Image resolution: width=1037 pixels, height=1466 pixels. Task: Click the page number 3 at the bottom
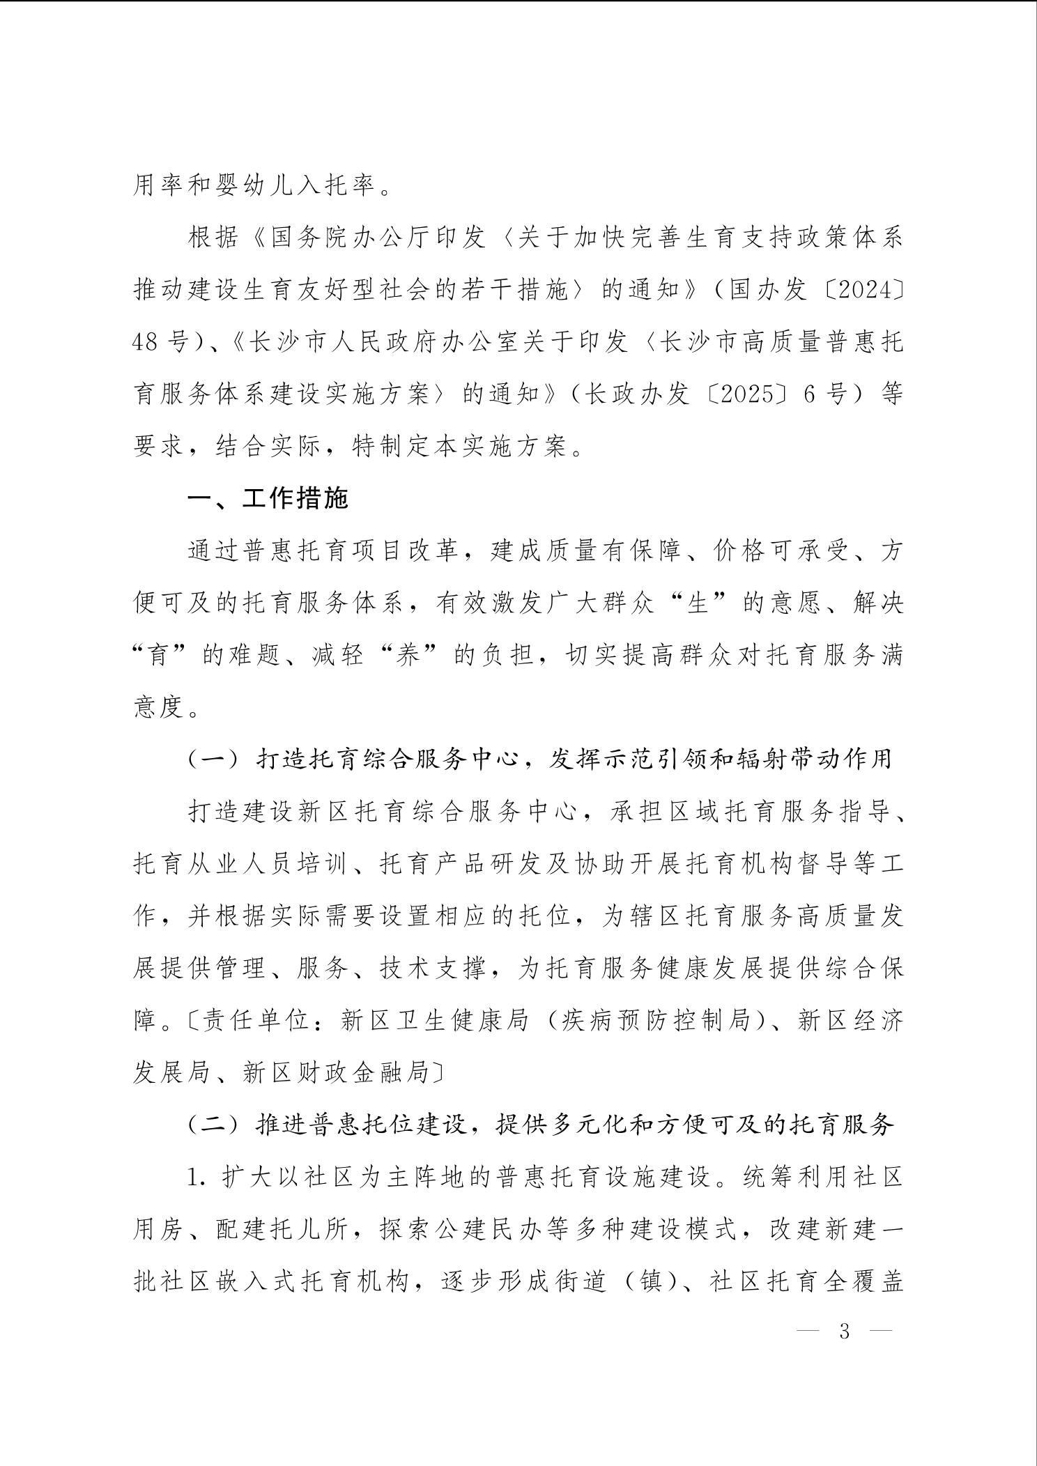pyautogui.click(x=845, y=1332)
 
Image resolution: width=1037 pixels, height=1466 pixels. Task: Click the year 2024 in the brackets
pyautogui.click(x=863, y=290)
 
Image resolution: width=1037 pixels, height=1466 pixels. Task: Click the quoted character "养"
pyautogui.click(x=410, y=656)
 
